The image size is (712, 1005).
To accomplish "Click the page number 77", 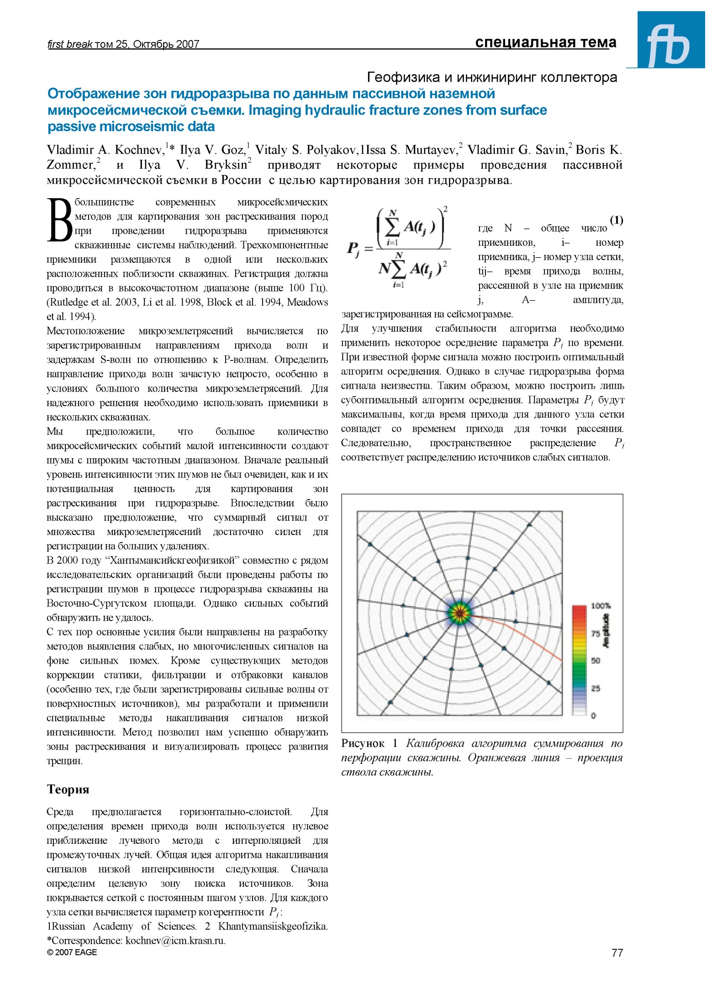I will pyautogui.click(x=617, y=952).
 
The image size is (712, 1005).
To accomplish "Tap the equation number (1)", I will pyautogui.click(x=616, y=221).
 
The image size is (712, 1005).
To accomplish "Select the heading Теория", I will pyautogui.click(x=68, y=789).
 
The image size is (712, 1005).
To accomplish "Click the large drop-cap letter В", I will pyautogui.click(x=59, y=220).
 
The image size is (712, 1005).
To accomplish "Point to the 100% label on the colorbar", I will pyautogui.click(x=600, y=606).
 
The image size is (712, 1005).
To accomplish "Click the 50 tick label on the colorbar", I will pyautogui.click(x=596, y=661).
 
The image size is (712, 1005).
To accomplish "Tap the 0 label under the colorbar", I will pyautogui.click(x=593, y=716).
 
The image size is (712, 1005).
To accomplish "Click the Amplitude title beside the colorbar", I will pyautogui.click(x=607, y=631).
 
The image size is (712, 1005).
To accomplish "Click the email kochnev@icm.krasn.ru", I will pyautogui.click(x=175, y=940).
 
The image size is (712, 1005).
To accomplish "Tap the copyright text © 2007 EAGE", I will pyautogui.click(x=72, y=952).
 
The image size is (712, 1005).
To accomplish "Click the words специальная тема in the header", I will pyautogui.click(x=545, y=42).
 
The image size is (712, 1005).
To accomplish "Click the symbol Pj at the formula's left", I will pyautogui.click(x=353, y=249).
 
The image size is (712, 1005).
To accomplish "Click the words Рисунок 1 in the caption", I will pyautogui.click(x=370, y=744).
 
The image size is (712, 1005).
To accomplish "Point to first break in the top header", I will pyautogui.click(x=70, y=44).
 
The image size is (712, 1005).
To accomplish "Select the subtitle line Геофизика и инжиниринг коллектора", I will pyautogui.click(x=492, y=77).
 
